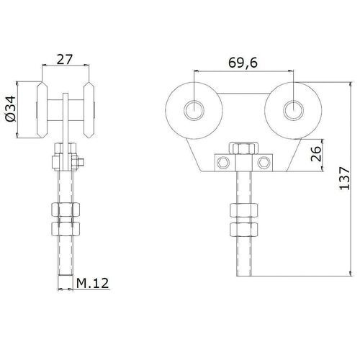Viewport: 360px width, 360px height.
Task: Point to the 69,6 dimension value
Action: (243, 63)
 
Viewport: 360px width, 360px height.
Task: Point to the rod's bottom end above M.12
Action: (66, 274)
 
